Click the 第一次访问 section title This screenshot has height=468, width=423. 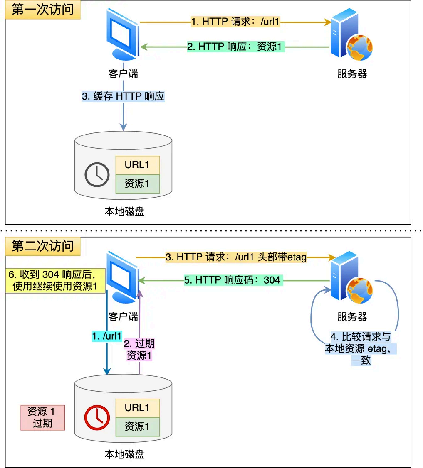tap(42, 10)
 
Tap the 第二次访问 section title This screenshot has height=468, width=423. tap(42, 246)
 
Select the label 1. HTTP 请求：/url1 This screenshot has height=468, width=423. tap(235, 22)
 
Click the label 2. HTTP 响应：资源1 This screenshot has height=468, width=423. tap(235, 47)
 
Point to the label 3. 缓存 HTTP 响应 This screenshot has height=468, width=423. tap(124, 96)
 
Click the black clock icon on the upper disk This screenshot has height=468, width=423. tap(97, 174)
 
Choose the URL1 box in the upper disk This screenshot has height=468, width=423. tap(137, 165)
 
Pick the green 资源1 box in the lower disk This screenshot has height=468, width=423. tap(137, 426)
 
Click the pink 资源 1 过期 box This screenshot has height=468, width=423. tap(43, 417)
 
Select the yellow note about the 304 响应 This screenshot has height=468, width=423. tap(55, 280)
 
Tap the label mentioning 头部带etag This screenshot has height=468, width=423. tap(236, 257)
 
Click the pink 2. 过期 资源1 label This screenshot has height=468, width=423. tap(139, 349)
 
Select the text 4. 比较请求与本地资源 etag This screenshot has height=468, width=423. tap(361, 348)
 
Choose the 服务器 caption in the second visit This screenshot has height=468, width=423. tap(352, 317)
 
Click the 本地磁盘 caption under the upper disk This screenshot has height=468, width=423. tap(124, 211)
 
